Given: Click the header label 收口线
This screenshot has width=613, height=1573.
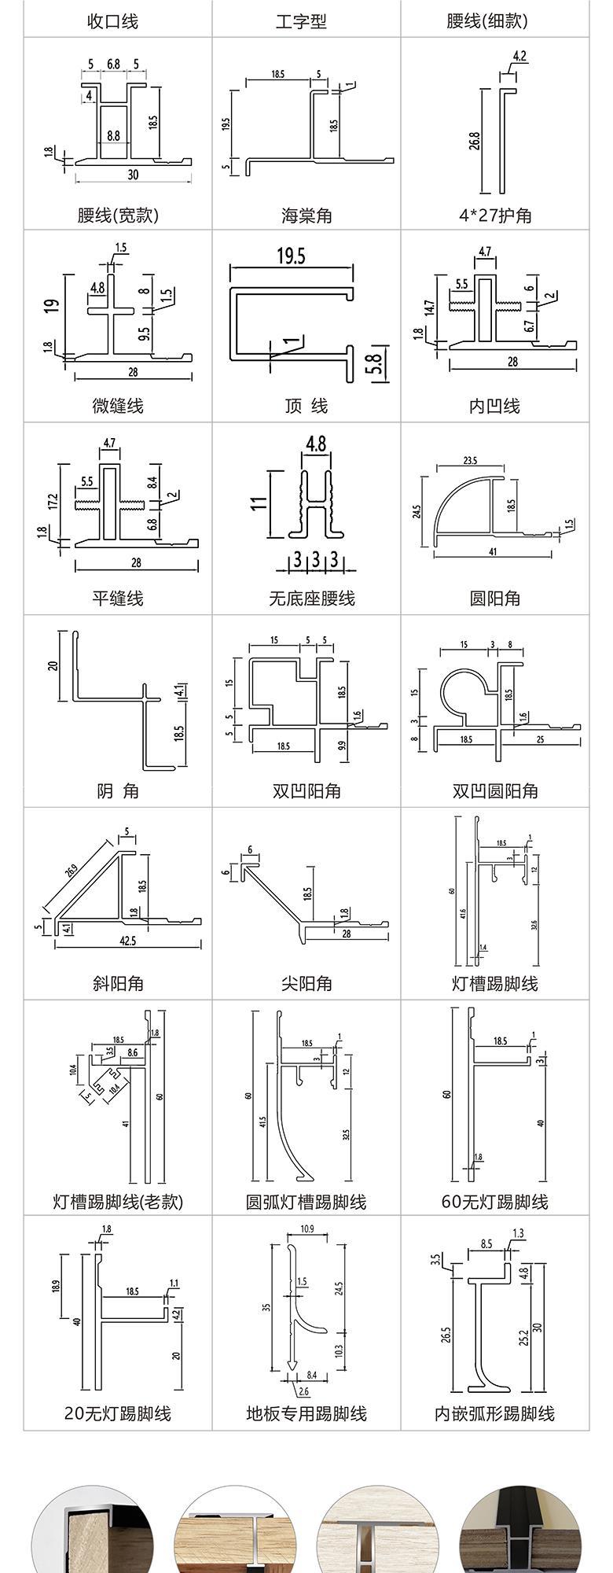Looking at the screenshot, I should point(112,21).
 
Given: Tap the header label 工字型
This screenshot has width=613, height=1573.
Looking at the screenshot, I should point(301,21).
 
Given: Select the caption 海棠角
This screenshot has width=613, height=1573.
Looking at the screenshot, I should point(306,216).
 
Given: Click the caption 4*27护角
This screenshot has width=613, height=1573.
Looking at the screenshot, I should point(495,216).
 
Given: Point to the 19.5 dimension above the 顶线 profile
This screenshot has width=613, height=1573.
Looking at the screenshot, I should point(291,256).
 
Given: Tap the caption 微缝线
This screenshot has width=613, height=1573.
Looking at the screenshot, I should point(118,406).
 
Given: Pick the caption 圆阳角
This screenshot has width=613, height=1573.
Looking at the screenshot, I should point(495,599).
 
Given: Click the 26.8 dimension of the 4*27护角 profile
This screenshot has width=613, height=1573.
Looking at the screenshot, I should point(475,141).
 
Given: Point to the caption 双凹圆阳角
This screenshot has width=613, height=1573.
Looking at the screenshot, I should point(495,790).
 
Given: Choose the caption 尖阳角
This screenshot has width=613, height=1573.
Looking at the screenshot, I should point(306,983).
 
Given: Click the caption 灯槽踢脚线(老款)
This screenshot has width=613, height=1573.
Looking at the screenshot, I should point(118,1202).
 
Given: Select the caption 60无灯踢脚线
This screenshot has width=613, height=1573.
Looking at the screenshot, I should point(495,1202).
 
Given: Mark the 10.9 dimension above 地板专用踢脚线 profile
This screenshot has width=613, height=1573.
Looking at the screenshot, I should point(306,1229).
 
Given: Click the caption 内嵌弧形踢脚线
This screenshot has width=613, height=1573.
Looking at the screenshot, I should point(495,1414).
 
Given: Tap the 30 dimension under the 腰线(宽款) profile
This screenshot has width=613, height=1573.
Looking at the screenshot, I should point(133,175).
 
